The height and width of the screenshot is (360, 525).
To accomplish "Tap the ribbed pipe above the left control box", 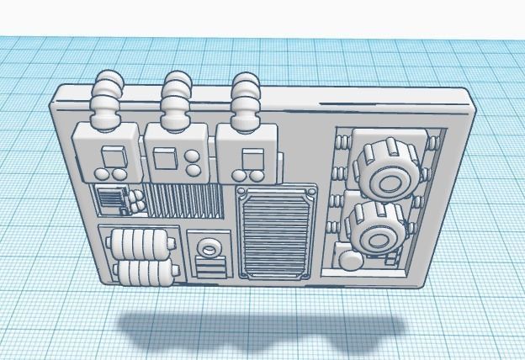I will click(107, 102).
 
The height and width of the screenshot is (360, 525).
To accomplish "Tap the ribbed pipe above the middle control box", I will click(177, 100).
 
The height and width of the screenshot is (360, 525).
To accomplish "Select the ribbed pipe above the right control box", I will click(247, 101).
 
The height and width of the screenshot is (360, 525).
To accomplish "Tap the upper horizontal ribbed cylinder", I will click(142, 245).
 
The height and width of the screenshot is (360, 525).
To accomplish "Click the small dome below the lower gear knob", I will click(349, 258).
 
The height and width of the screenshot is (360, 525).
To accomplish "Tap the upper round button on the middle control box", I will click(194, 156).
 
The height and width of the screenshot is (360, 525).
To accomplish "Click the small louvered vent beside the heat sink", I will click(110, 202).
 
